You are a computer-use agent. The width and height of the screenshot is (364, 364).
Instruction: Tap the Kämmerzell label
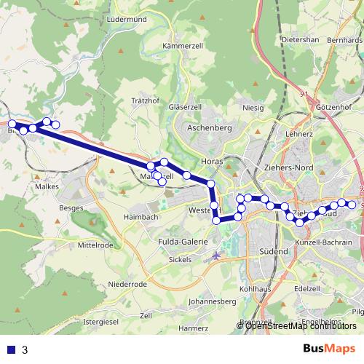(181, 45)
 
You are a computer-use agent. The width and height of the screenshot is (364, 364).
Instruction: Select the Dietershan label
(301, 39)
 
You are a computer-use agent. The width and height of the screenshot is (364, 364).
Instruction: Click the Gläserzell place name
(184, 106)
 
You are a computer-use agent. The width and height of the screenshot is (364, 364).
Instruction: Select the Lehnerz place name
(299, 135)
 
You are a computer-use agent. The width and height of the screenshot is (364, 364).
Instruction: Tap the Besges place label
(72, 207)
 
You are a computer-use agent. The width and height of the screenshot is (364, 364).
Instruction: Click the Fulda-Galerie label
(183, 241)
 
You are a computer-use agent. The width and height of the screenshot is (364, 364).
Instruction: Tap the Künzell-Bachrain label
(324, 242)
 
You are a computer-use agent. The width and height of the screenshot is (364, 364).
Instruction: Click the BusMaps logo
(330, 349)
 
